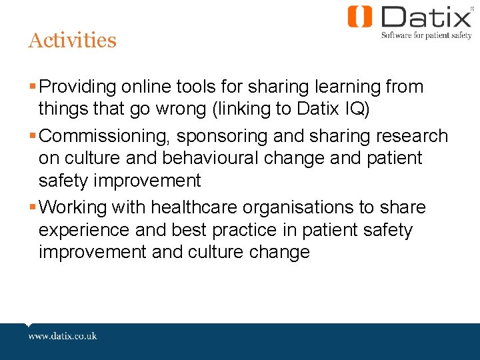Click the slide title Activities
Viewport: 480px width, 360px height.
click(72, 40)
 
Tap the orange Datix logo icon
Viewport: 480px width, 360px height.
click(360, 17)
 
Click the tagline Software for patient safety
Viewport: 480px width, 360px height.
click(426, 35)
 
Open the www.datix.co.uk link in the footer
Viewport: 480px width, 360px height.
click(63, 335)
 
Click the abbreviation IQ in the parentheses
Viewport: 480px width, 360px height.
click(354, 108)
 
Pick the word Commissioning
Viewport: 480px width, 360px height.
click(107, 137)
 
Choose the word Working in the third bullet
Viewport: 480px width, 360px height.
click(73, 207)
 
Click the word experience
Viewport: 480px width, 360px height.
click(85, 231)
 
